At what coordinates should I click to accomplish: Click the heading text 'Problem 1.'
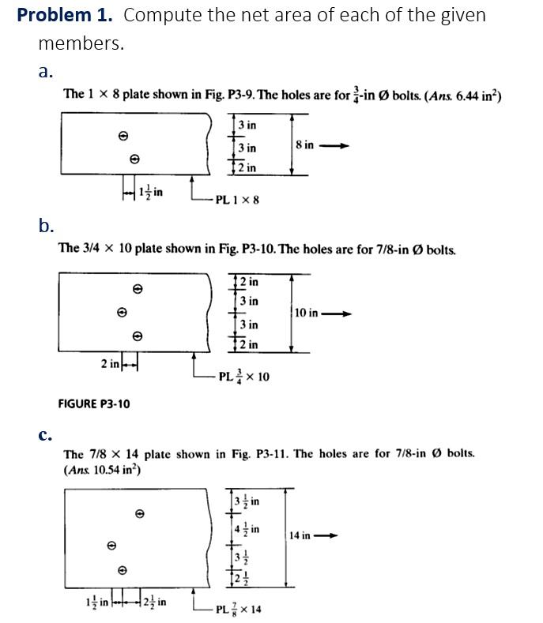click(66, 15)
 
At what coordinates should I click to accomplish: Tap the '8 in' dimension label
click(304, 144)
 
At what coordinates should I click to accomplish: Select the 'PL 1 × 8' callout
click(237, 200)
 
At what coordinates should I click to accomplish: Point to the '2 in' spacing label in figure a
click(247, 167)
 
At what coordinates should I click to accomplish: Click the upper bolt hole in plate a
click(123, 136)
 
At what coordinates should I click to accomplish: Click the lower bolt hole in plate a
click(134, 159)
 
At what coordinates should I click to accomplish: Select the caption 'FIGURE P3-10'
click(94, 403)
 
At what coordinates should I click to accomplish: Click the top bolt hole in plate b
click(137, 289)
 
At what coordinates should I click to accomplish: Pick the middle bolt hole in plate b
click(122, 313)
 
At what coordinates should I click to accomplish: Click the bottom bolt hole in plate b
click(137, 336)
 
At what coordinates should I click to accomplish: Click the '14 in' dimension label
click(300, 535)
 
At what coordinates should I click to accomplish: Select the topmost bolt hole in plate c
click(140, 513)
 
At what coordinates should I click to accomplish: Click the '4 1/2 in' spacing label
click(247, 528)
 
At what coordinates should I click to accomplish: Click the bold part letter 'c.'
click(45, 434)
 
